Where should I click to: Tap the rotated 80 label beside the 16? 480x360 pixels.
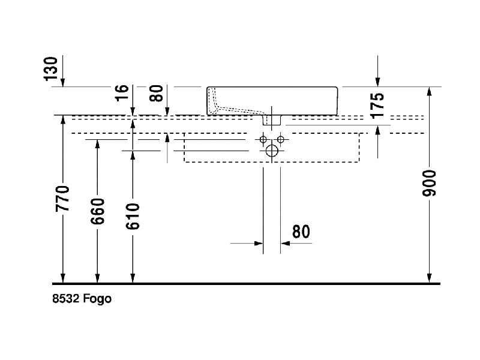coord(157,93)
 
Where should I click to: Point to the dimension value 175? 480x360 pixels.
coord(377,105)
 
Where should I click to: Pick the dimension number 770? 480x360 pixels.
coord(63,198)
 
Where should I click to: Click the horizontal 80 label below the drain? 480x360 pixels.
coord(301,232)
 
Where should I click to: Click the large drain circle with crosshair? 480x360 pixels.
coord(272,150)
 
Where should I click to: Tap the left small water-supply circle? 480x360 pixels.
coord(263,140)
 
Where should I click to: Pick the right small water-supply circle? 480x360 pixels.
coord(280,140)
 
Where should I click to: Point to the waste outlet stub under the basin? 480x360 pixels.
coord(272,120)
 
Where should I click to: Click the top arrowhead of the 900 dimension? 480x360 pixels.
coord(430,92)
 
